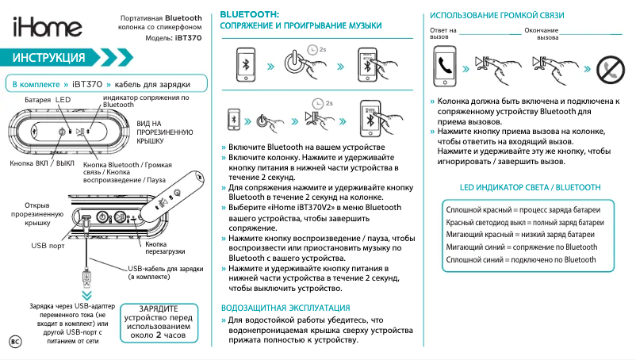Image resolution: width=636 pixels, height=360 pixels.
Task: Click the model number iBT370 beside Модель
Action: tap(187, 38)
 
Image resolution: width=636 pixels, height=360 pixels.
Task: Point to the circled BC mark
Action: tap(14, 341)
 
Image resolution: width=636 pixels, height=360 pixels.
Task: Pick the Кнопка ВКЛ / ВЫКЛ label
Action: tap(41, 163)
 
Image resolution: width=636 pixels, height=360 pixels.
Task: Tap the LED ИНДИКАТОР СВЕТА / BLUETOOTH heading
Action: tap(530, 187)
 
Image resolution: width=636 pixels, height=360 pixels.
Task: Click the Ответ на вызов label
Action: tap(443, 33)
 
